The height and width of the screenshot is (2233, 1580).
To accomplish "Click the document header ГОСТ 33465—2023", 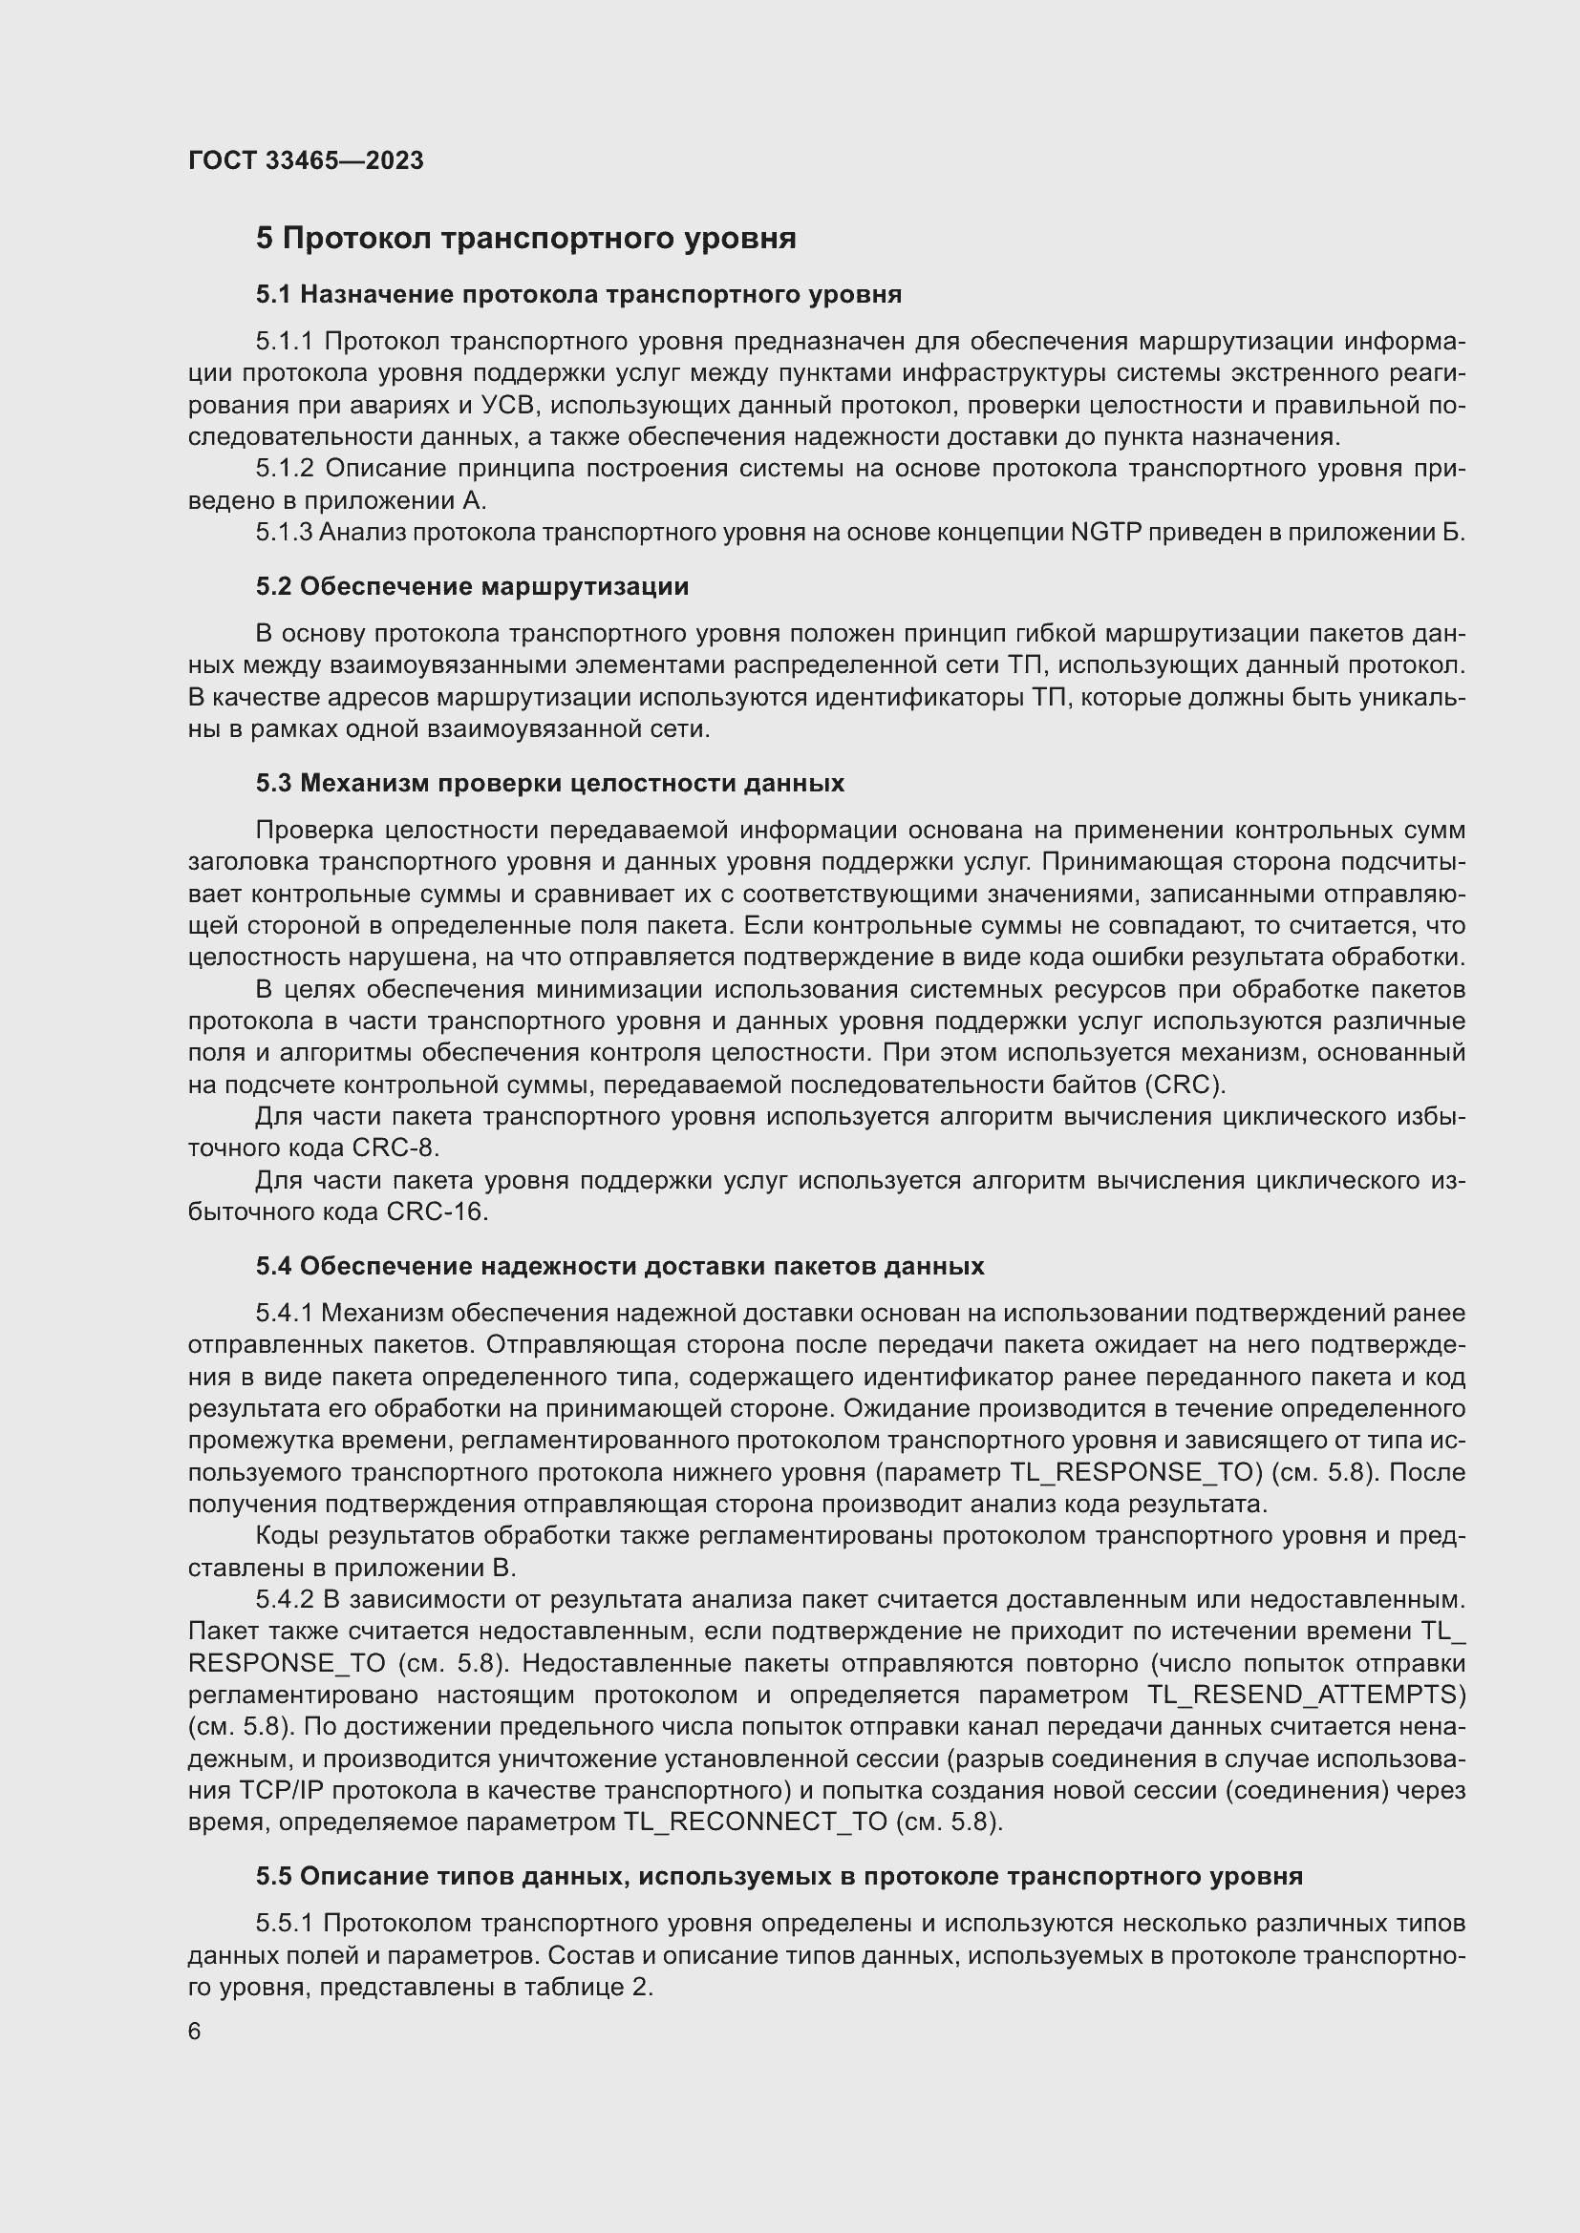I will click(x=306, y=160).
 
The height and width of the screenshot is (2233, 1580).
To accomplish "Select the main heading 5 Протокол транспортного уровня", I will click(x=525, y=239).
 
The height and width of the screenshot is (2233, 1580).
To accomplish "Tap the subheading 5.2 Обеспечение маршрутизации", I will click(x=472, y=586).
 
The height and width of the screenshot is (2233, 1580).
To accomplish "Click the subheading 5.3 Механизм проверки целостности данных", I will click(x=549, y=783).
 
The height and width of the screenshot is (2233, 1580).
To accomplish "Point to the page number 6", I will click(x=195, y=2032).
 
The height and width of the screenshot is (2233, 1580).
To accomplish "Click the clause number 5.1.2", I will click(x=285, y=469).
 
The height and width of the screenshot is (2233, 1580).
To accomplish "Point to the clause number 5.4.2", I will click(x=285, y=1600).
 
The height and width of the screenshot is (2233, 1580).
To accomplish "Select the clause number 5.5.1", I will click(x=285, y=1923).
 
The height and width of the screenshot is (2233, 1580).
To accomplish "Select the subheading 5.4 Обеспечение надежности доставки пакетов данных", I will click(x=620, y=1266).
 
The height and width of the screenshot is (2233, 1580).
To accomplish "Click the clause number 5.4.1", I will click(x=284, y=1314).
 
